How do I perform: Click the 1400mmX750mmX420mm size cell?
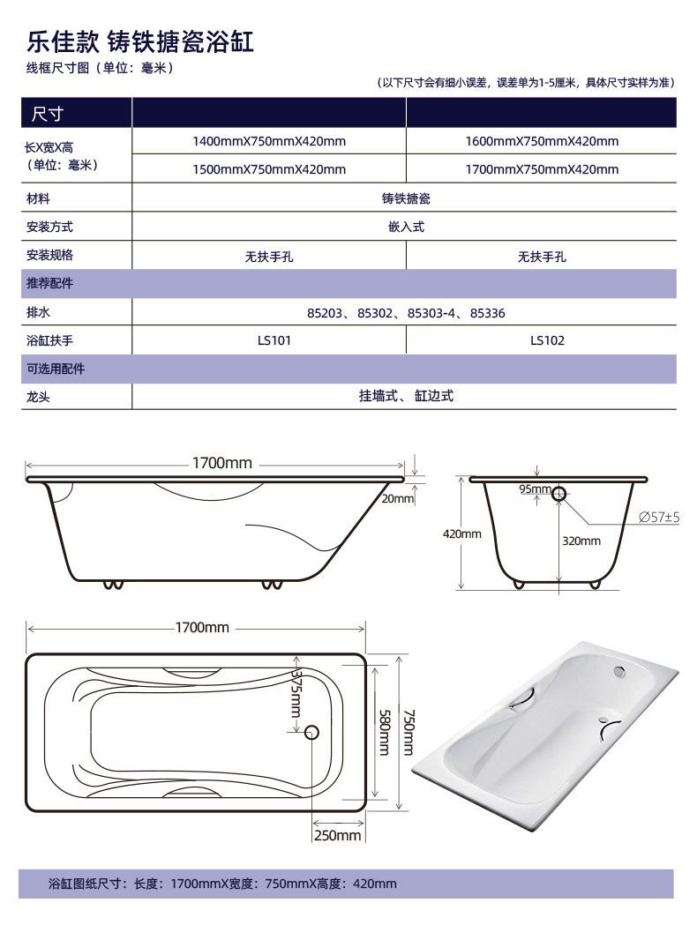(x=269, y=142)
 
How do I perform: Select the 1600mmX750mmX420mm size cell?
(x=542, y=142)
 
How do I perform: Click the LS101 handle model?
(x=274, y=340)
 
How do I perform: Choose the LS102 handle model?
(x=547, y=340)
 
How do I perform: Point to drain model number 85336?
(x=488, y=313)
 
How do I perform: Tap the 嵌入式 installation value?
(x=406, y=228)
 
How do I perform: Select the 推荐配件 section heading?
(x=50, y=283)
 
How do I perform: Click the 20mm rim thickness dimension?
(x=397, y=498)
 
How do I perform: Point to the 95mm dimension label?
(x=535, y=489)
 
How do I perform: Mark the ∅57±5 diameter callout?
(x=659, y=518)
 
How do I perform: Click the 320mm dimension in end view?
(x=581, y=541)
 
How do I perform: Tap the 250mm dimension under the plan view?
(x=337, y=835)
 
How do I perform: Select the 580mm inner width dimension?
(x=384, y=732)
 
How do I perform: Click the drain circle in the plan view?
(x=311, y=733)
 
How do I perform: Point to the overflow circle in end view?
(x=558, y=494)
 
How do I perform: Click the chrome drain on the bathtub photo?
(x=619, y=670)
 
